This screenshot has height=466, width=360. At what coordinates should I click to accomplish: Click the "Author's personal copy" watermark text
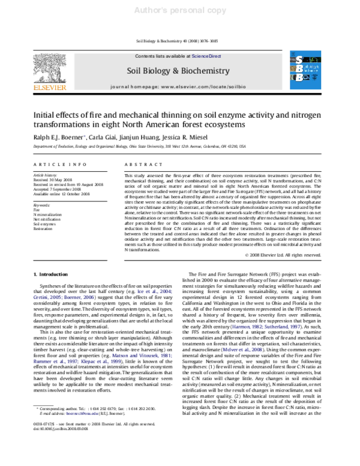coord(179,10)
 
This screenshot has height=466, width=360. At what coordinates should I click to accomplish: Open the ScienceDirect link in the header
coord(206,55)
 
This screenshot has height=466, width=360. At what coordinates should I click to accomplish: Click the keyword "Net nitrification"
coord(47,219)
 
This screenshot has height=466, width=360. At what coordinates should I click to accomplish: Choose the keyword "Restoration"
coord(43,229)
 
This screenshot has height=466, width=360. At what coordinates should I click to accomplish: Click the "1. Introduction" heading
coord(52,273)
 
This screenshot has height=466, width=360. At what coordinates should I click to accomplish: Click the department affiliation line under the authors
coord(139,146)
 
